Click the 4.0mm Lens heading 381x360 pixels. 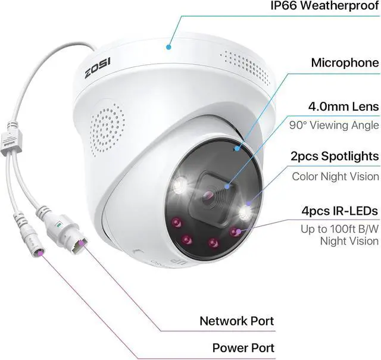[343, 107]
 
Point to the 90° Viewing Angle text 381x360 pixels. [334, 125]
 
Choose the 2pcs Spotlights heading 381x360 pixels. [335, 156]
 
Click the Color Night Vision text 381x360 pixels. [335, 176]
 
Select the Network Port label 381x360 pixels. [236, 321]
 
